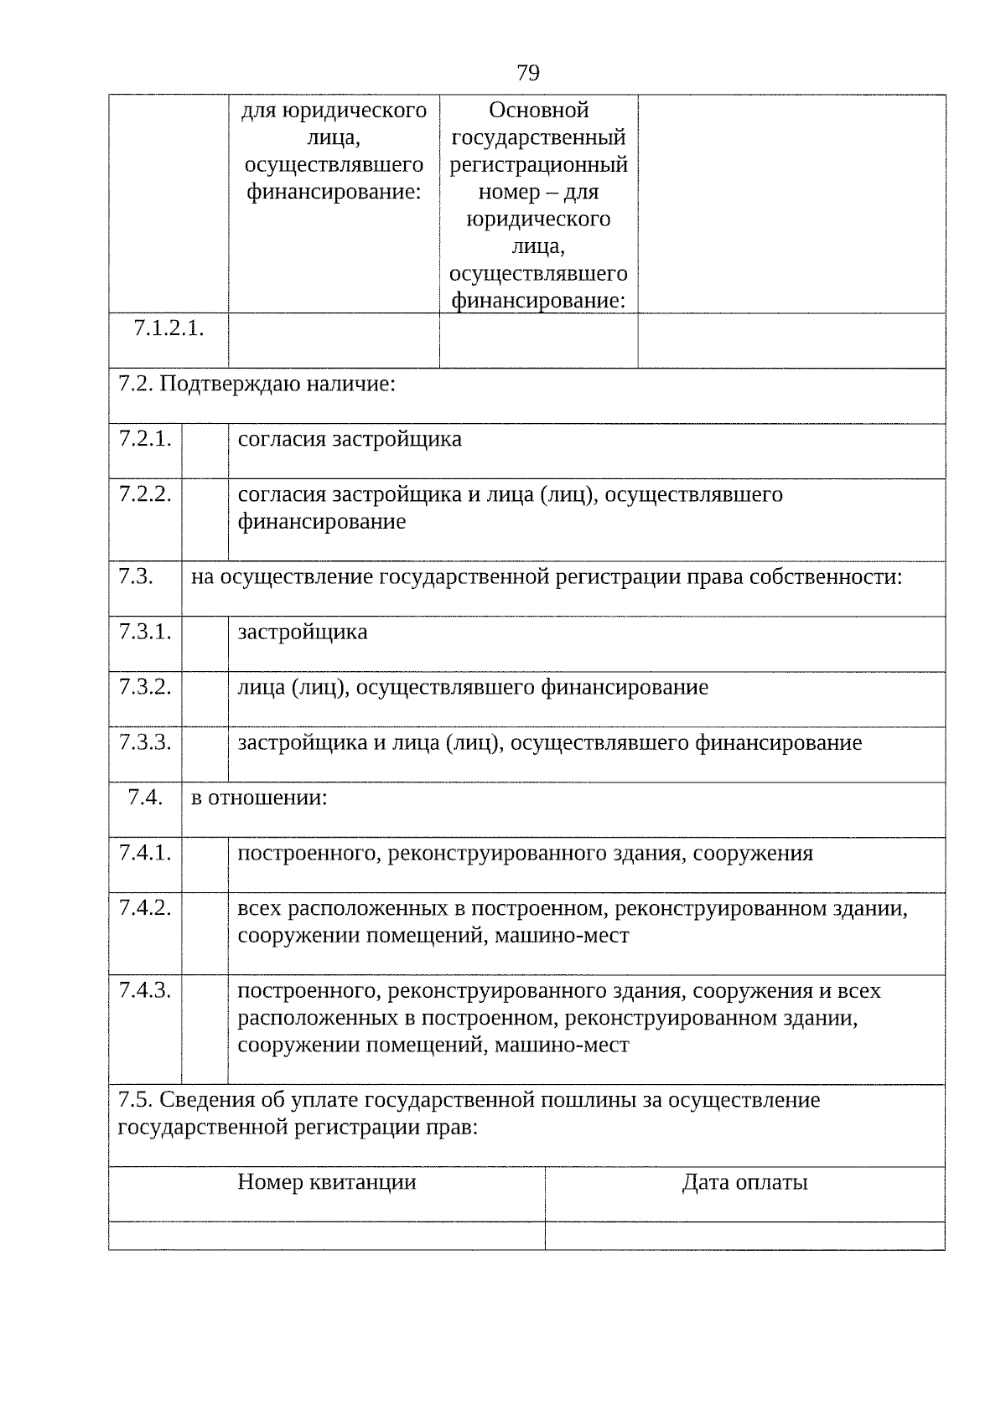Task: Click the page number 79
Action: coord(527,74)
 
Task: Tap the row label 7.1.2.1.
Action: coord(169,328)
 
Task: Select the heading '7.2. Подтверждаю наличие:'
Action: coord(256,385)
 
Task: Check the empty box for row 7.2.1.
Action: coord(205,451)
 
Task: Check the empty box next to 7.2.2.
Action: coord(205,519)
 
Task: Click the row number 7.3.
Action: coord(136,576)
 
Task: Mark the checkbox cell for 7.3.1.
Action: coord(205,643)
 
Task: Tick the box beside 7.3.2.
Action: coord(205,699)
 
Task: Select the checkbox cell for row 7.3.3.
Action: coord(205,754)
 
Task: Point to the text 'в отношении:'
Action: coord(258,798)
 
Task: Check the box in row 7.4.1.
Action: coord(205,865)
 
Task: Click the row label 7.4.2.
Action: coord(145,908)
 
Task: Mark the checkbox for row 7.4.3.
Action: coord(205,1029)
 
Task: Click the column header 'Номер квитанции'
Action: coord(326,1182)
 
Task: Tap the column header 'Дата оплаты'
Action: coord(744,1182)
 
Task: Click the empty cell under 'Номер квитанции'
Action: coord(326,1236)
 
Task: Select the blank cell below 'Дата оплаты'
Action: coord(744,1236)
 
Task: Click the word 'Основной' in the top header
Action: coord(538,111)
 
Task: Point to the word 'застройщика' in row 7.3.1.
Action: coord(302,632)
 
